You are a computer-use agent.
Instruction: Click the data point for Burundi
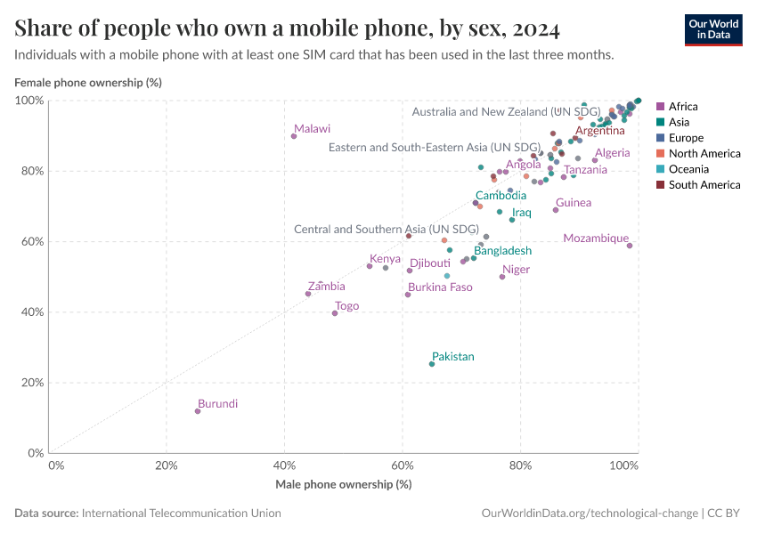[x=198, y=411]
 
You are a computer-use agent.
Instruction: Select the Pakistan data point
[x=432, y=364]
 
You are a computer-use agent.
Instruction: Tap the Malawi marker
[x=294, y=136]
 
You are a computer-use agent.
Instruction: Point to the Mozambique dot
[x=630, y=246]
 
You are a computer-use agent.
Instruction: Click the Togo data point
[x=335, y=313]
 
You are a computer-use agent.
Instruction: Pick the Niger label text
[x=516, y=270]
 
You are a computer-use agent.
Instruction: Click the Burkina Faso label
[x=440, y=287]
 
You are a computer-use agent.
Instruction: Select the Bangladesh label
[x=502, y=251]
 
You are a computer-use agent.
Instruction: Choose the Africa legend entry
[x=683, y=107]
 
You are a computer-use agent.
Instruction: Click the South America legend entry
[x=704, y=185]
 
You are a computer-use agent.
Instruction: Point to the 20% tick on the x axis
[x=166, y=465]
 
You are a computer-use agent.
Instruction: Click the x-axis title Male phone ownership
[x=342, y=485]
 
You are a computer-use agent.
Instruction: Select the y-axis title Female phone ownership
[x=87, y=83]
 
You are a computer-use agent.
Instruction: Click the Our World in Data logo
[x=712, y=29]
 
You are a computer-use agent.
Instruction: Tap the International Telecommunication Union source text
[x=181, y=514]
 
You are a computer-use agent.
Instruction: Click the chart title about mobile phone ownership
[x=287, y=29]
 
